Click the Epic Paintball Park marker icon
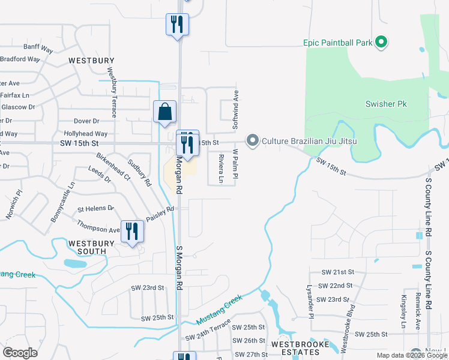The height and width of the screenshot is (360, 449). tap(380, 42)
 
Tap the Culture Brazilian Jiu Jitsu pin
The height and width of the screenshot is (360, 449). tap(253, 142)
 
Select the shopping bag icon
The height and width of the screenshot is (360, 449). tap(164, 112)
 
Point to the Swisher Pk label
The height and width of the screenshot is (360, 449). tap(386, 104)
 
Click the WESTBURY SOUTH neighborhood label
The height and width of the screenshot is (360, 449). tap(91, 247)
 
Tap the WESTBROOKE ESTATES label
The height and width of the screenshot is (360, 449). tap(300, 349)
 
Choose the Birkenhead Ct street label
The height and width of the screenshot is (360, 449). tap(113, 166)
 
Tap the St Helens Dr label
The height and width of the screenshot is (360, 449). tap(96, 208)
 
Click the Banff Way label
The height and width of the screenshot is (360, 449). tap(35, 46)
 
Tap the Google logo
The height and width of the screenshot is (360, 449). tap(20, 353)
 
